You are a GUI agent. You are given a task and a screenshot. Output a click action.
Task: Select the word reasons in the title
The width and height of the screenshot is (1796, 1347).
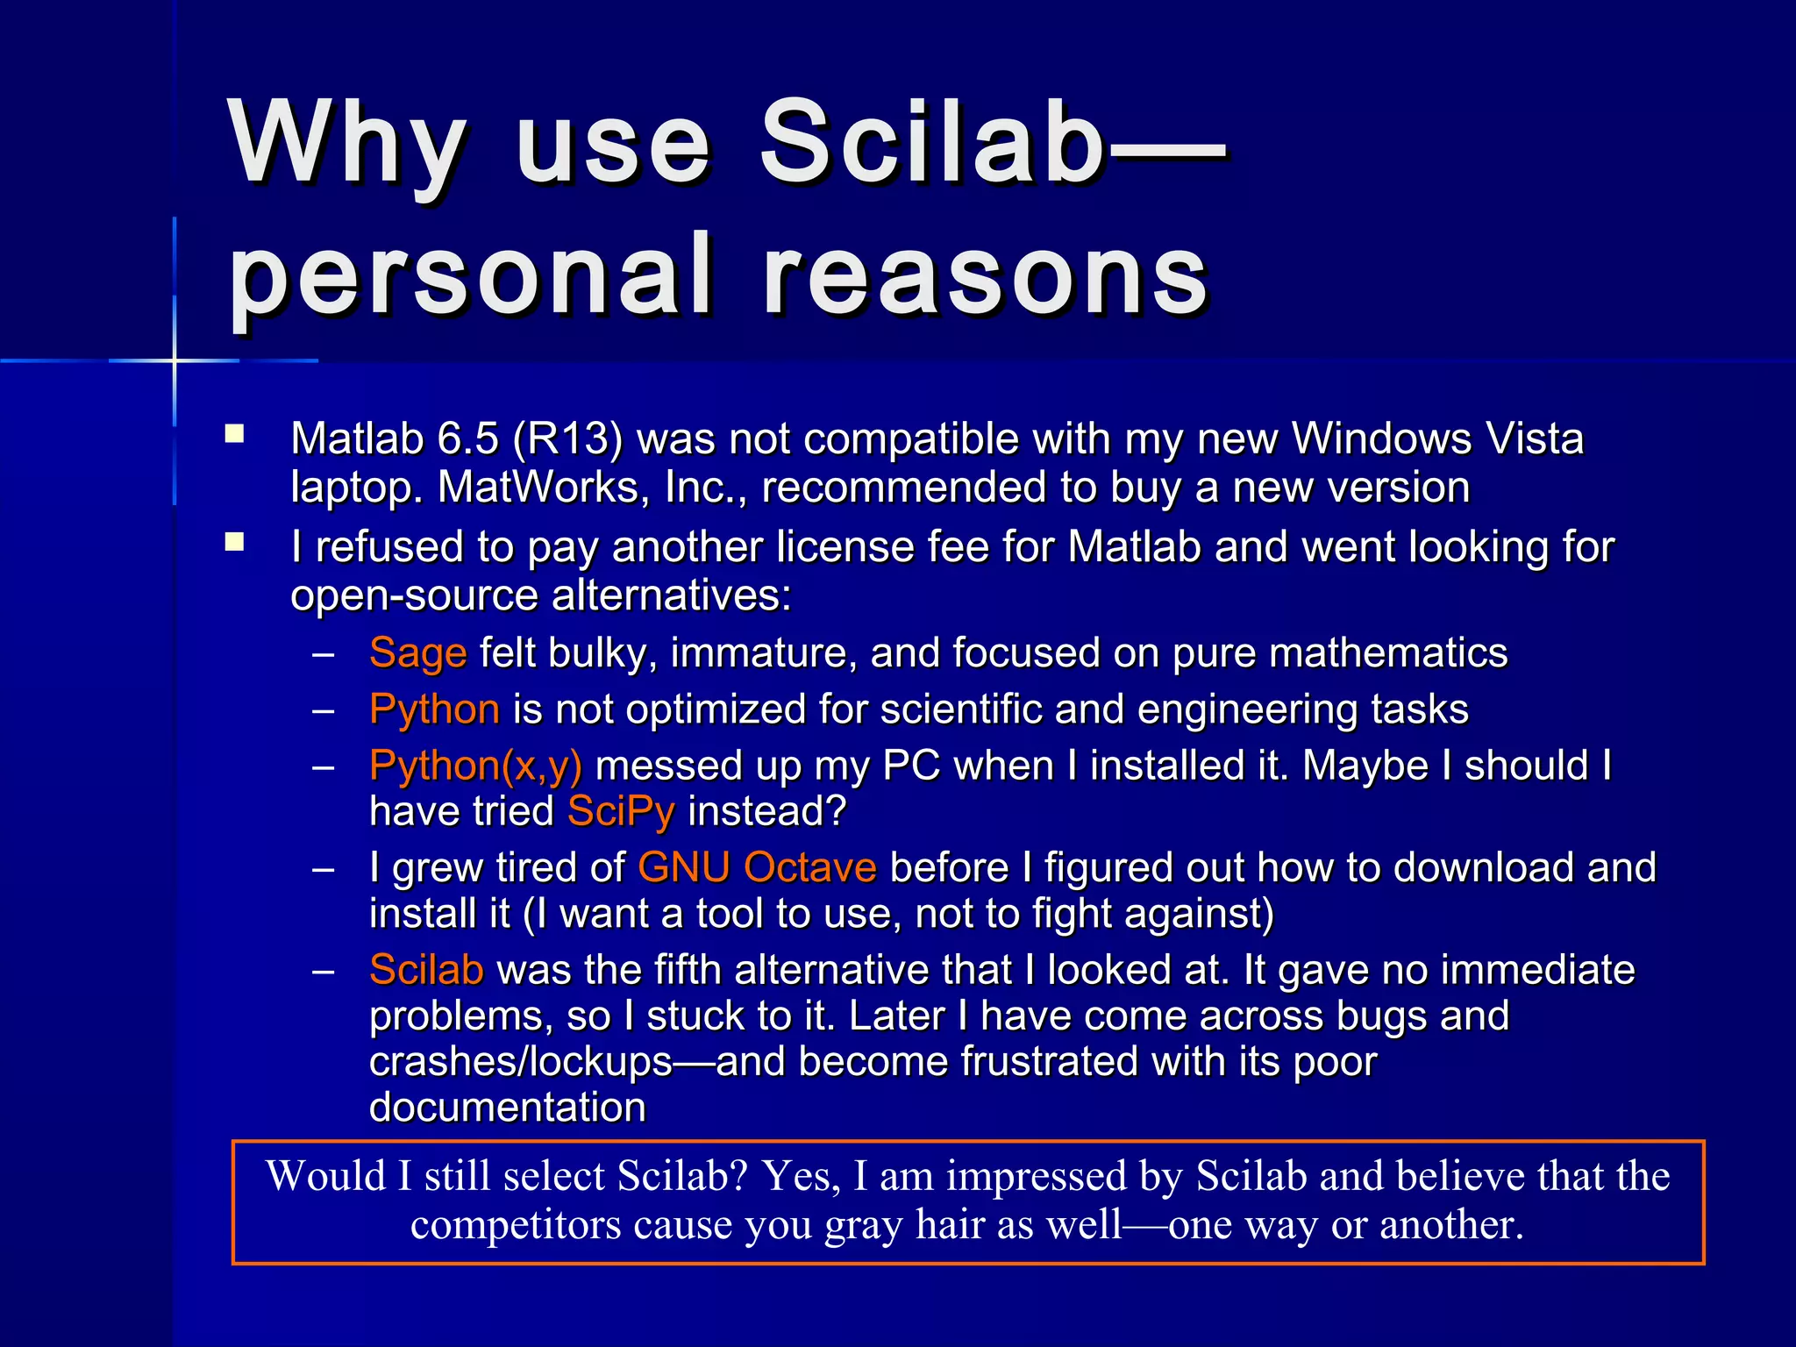986,276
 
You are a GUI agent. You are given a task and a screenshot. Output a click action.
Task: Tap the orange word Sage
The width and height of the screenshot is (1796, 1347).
417,653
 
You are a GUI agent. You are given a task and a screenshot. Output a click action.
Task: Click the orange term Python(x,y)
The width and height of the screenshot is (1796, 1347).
475,766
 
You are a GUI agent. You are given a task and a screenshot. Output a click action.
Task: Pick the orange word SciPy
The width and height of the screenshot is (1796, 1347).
621,811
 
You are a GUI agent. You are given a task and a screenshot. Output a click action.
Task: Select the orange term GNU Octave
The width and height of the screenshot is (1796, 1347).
757,867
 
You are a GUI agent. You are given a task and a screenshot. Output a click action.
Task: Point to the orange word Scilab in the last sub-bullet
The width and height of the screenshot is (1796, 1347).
426,970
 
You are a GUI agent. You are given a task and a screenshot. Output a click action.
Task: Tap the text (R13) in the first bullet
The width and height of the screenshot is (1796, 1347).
567,438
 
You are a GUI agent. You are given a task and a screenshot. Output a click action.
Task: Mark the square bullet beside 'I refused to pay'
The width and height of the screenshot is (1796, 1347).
234,542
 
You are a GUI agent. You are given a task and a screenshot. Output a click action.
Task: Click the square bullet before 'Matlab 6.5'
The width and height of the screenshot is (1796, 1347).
234,434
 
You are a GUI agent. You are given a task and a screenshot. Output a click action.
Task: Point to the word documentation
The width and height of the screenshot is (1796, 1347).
507,1108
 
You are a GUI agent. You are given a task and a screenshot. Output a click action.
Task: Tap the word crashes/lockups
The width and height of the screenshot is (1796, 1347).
521,1062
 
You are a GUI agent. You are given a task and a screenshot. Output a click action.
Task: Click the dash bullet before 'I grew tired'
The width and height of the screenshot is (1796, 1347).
324,869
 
